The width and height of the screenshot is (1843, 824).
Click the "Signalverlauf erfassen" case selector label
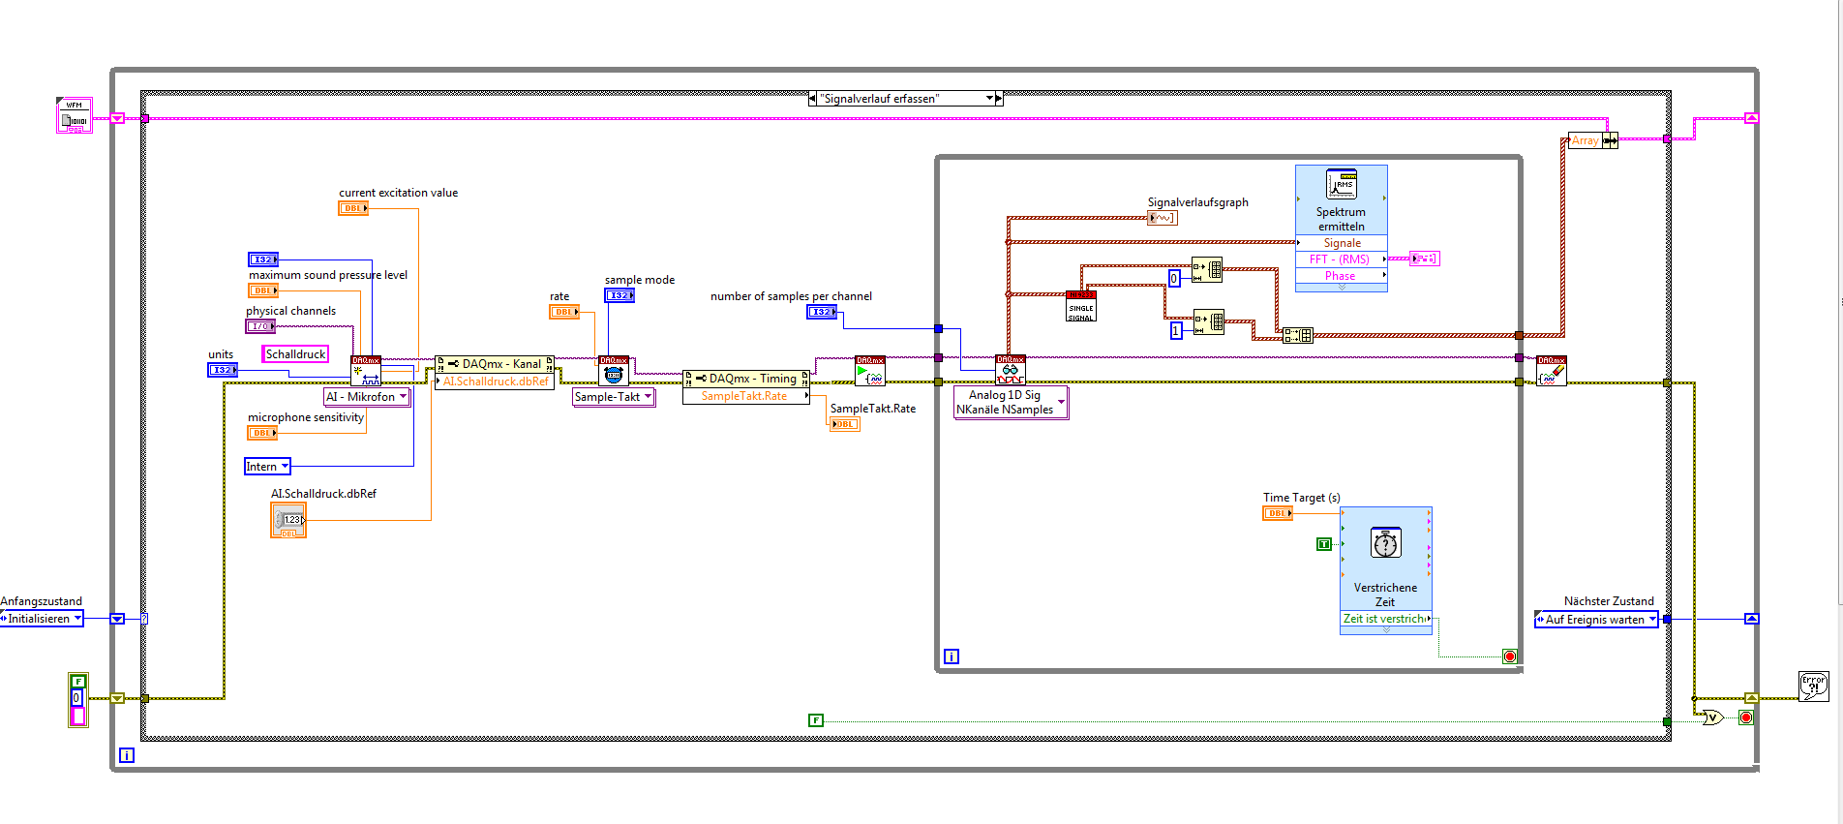pyautogui.click(x=902, y=99)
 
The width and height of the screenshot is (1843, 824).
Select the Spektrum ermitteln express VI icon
pyautogui.click(x=1341, y=184)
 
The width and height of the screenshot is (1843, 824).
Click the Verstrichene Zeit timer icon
pyautogui.click(x=1385, y=543)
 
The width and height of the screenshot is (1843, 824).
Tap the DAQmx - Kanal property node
pyautogui.click(x=495, y=364)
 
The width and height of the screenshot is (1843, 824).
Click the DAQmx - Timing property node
pyautogui.click(x=745, y=379)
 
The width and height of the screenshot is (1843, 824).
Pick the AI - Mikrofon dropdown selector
pyautogui.click(x=367, y=397)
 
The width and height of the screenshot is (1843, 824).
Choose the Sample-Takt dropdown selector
pyautogui.click(x=614, y=397)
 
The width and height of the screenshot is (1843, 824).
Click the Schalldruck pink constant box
pyautogui.click(x=295, y=354)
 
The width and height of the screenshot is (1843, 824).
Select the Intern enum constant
pyautogui.click(x=267, y=467)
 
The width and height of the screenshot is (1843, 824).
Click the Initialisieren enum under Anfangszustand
pyautogui.click(x=42, y=619)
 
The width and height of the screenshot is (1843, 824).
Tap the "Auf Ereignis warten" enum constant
pyautogui.click(x=1596, y=620)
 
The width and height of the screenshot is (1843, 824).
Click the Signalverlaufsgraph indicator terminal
pyautogui.click(x=1162, y=218)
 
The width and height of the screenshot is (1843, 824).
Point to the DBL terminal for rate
pyautogui.click(x=564, y=312)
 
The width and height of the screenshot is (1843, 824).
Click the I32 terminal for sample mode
pyautogui.click(x=619, y=295)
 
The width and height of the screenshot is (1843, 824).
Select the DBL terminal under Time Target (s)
pyautogui.click(x=1278, y=513)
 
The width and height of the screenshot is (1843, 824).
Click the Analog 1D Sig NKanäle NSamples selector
pyautogui.click(x=1011, y=403)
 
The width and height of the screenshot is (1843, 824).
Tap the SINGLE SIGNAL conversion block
pyautogui.click(x=1081, y=307)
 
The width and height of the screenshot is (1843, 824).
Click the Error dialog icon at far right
pyautogui.click(x=1813, y=686)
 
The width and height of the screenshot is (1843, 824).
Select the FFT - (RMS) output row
pyautogui.click(x=1341, y=259)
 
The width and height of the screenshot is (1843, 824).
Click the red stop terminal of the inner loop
pyautogui.click(x=1509, y=656)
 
